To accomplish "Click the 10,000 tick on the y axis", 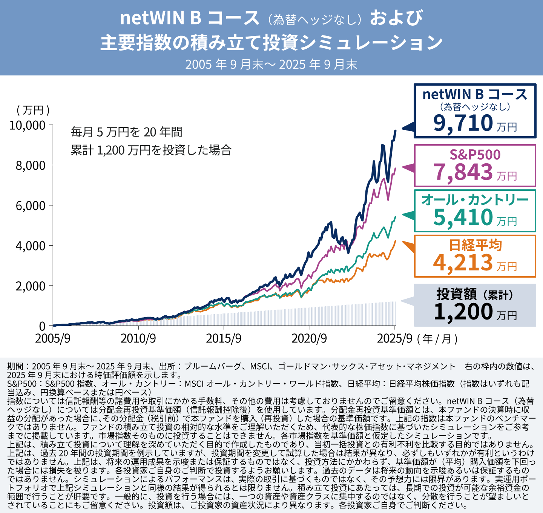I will [27, 125].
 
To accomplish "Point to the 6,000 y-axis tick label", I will [30, 206].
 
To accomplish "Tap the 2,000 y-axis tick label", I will [30, 286].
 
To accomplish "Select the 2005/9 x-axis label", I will [53, 338].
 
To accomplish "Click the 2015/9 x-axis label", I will [224, 338].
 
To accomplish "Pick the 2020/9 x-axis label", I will [309, 338].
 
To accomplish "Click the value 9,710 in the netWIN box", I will [463, 123].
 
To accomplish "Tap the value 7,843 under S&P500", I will [463, 172].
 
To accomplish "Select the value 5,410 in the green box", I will [463, 217].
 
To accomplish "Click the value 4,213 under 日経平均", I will [463, 263].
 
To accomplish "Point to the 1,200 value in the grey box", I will [463, 312].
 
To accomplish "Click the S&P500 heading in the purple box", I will [475, 155].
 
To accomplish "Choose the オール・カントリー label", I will [475, 200].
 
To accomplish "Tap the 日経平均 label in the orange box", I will [475, 245].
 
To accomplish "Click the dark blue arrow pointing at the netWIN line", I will [408, 127].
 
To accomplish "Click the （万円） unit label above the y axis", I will [33, 110].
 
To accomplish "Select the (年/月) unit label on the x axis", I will [437, 339].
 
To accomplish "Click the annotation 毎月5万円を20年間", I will [127, 132].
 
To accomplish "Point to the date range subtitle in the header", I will [271, 65].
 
